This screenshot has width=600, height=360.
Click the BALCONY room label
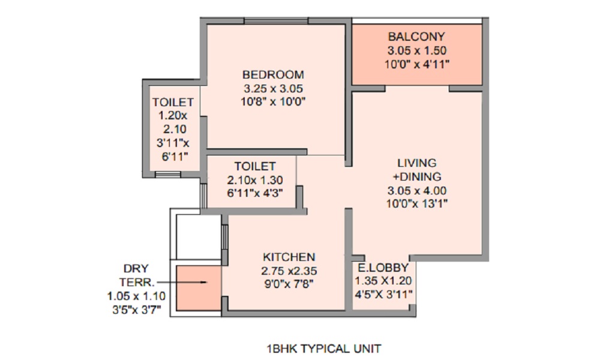pos(416,37)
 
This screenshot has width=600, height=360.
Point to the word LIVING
pos(416,163)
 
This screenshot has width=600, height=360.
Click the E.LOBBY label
pos(382,268)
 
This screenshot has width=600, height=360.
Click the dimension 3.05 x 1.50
pos(416,50)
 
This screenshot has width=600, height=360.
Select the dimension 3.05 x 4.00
pos(416,191)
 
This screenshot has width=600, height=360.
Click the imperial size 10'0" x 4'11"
pos(416,64)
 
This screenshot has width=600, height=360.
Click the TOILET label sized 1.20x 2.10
pos(173,103)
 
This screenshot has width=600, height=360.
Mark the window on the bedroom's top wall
pos(267,22)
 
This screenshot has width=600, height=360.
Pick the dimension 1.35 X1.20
pos(382,281)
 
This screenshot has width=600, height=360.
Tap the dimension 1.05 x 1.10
pos(136,295)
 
